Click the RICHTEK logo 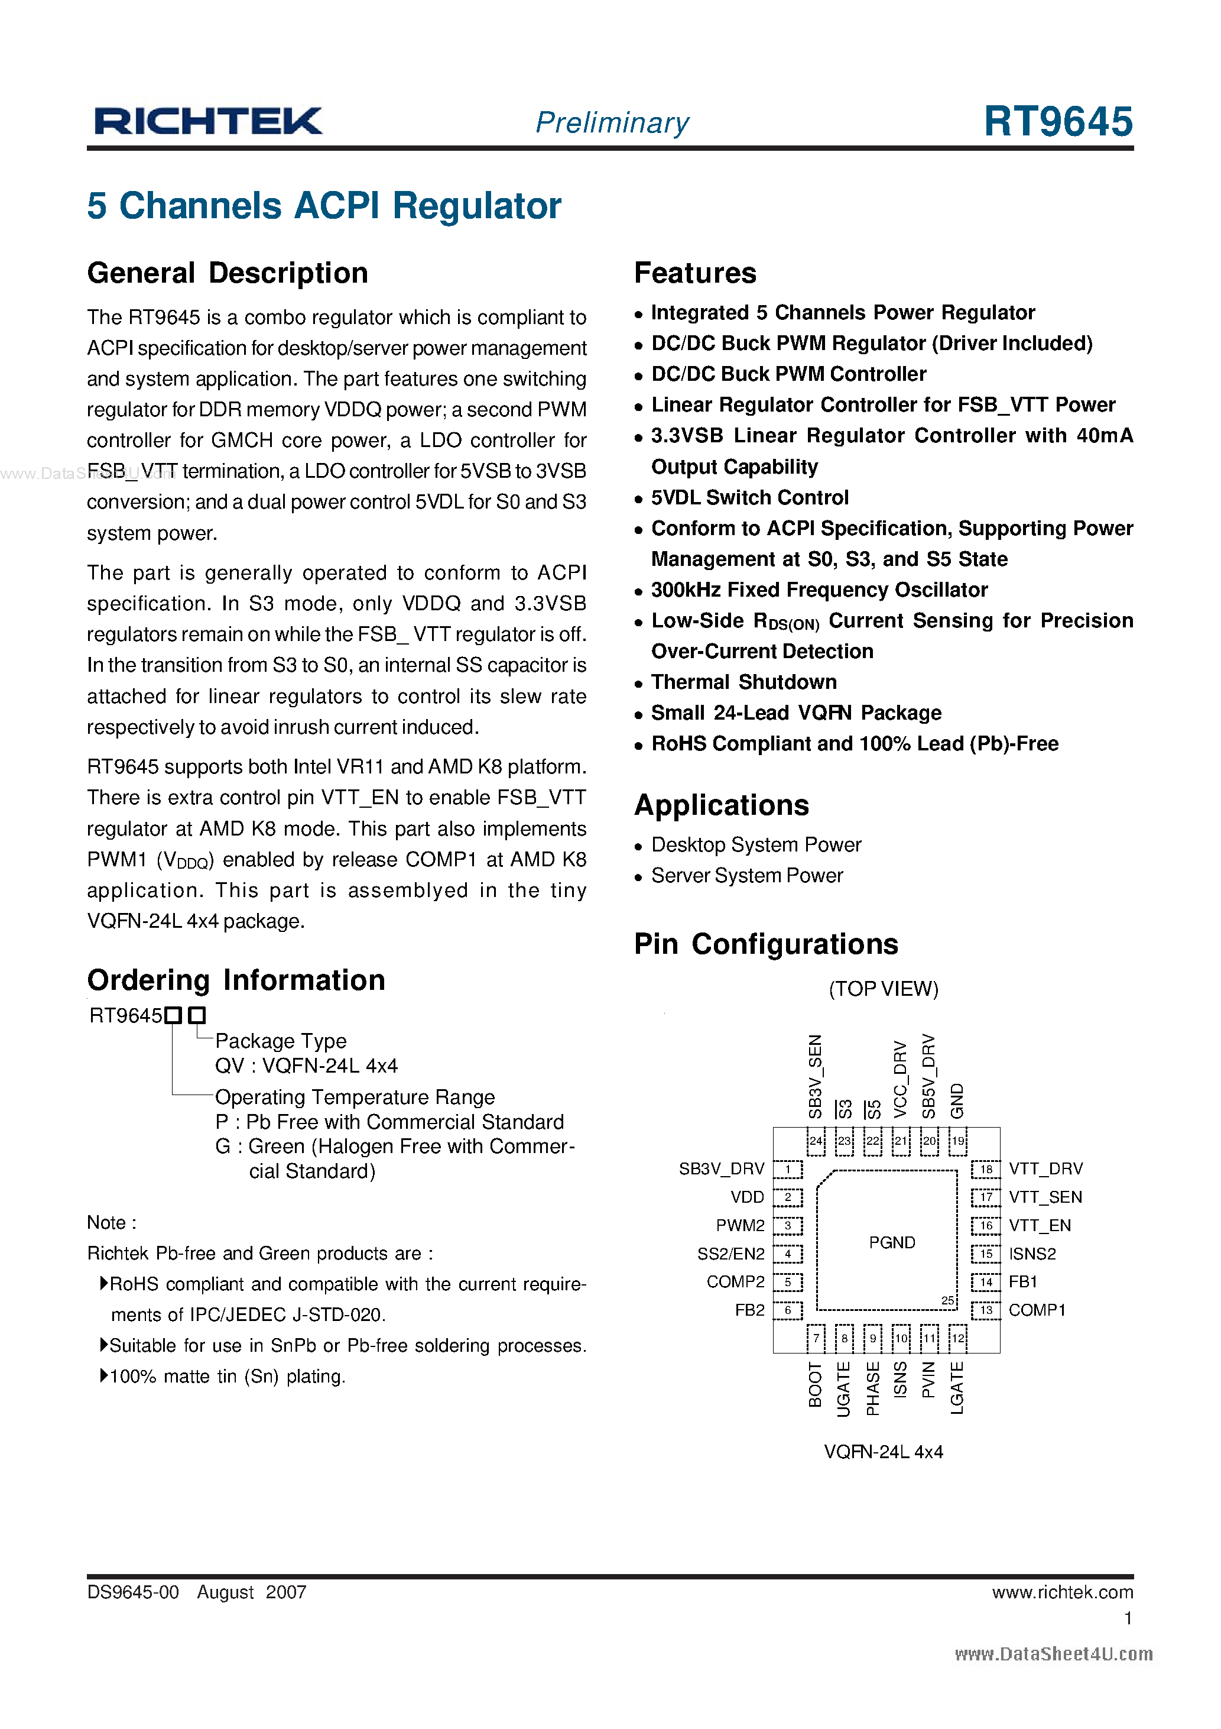point(208,121)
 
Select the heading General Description point(228,273)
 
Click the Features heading point(695,273)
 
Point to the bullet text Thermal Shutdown point(743,682)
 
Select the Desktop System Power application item point(756,845)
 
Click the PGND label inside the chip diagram point(891,1242)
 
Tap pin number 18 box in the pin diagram point(985,1170)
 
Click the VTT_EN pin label point(1039,1226)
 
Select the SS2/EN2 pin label point(730,1254)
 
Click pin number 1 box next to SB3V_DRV point(787,1170)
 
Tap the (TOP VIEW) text point(883,989)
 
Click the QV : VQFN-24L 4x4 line point(306,1066)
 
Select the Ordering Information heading point(236,980)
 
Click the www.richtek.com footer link point(1061,1592)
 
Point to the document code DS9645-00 point(133,1592)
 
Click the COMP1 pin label point(1037,1310)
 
